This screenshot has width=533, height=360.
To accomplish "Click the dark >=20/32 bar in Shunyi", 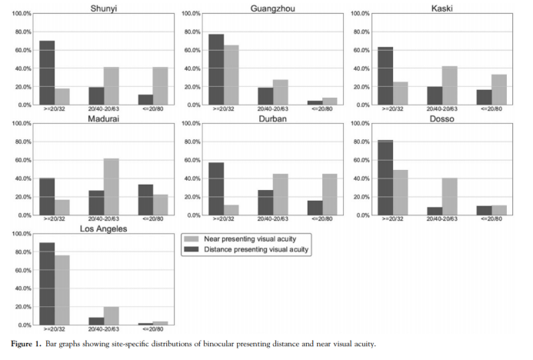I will click(47, 73).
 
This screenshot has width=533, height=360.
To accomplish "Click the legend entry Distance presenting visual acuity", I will click(245, 249).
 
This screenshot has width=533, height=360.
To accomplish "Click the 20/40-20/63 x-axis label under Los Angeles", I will click(105, 330).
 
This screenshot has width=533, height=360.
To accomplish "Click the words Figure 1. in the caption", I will click(25, 344).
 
